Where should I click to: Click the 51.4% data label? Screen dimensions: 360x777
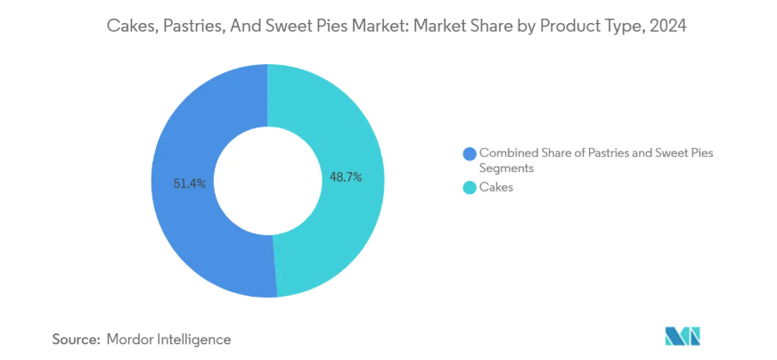pyautogui.click(x=190, y=184)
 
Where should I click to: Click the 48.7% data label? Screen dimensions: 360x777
pyautogui.click(x=346, y=177)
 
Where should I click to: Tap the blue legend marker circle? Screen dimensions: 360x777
pyautogui.click(x=470, y=153)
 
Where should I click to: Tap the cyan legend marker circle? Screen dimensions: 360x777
pyautogui.click(x=470, y=187)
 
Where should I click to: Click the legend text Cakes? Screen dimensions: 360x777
pyautogui.click(x=496, y=187)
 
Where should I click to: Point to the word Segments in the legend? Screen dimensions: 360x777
pyautogui.click(x=507, y=168)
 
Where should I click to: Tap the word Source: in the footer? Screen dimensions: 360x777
pyautogui.click(x=76, y=340)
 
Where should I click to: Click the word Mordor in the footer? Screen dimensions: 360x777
pyautogui.click(x=130, y=340)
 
